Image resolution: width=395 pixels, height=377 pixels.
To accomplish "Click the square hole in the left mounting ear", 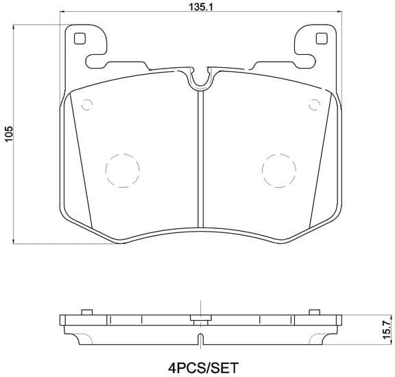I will pos(79,39).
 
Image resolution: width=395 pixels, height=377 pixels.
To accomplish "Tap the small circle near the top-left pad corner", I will pos(86,105).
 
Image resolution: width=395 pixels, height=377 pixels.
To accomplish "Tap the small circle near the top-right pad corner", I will pos(315,105).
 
